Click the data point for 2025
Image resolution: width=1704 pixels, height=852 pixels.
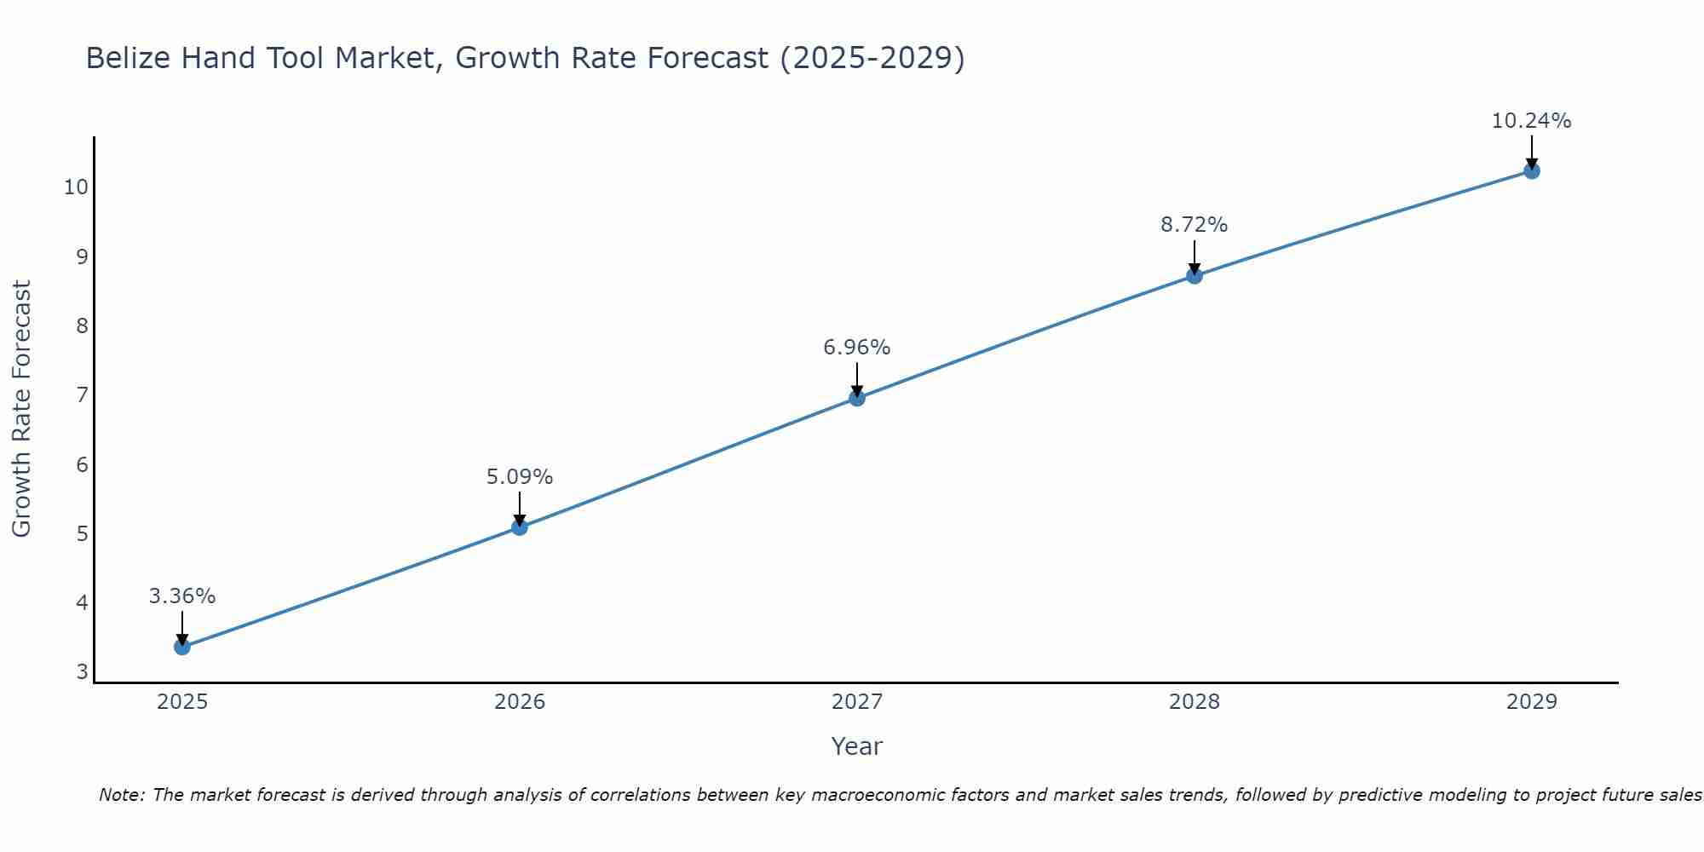pyautogui.click(x=181, y=647)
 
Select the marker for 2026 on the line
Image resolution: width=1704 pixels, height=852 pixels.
pyautogui.click(x=519, y=527)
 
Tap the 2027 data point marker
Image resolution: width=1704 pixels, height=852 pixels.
pyautogui.click(x=857, y=398)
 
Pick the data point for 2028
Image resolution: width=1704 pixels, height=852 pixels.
pyautogui.click(x=1195, y=276)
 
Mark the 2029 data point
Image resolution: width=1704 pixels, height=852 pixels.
pyautogui.click(x=1532, y=171)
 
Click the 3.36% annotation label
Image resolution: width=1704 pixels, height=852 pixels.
pyautogui.click(x=182, y=596)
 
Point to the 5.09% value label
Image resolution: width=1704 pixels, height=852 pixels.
pyautogui.click(x=520, y=477)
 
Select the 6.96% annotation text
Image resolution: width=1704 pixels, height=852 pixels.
pyautogui.click(x=857, y=348)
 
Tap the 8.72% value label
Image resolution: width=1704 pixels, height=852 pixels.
pyautogui.click(x=1195, y=225)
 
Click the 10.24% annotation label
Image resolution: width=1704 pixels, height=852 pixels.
pyautogui.click(x=1531, y=121)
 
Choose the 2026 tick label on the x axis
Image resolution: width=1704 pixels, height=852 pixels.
pyautogui.click(x=520, y=702)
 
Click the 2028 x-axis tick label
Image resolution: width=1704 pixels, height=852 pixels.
pyautogui.click(x=1195, y=702)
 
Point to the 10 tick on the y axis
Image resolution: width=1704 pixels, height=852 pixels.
pyautogui.click(x=76, y=187)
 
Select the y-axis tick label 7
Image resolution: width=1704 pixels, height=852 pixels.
pyautogui.click(x=82, y=395)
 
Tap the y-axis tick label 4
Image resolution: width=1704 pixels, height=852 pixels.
pyautogui.click(x=82, y=603)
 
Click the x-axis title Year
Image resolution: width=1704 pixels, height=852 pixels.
pyautogui.click(x=857, y=746)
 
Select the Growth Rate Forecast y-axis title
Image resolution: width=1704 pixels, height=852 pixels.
pyautogui.click(x=22, y=409)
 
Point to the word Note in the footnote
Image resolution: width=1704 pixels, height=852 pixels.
pyautogui.click(x=121, y=795)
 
